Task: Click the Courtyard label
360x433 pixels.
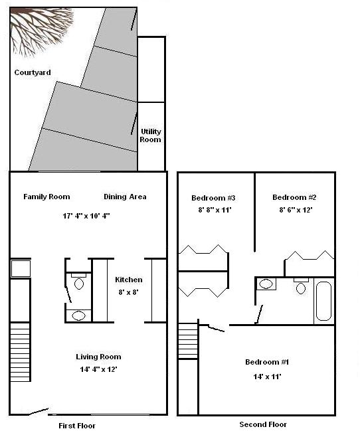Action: tap(33, 72)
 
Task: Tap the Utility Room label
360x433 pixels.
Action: tap(150, 135)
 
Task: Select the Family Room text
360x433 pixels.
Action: tap(46, 197)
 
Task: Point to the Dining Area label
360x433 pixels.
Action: tap(125, 197)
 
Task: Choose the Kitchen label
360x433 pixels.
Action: tap(128, 280)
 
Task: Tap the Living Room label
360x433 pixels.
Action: tap(98, 357)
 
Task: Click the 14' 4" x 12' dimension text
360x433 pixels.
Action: tap(98, 369)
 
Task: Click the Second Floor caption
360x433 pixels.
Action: tap(263, 424)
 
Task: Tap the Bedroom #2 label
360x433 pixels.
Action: tap(294, 197)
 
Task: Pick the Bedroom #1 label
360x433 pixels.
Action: tap(267, 362)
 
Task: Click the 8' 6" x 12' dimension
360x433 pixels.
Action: tap(294, 210)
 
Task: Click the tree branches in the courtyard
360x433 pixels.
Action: tap(40, 29)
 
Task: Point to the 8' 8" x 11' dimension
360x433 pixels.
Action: tap(213, 210)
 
